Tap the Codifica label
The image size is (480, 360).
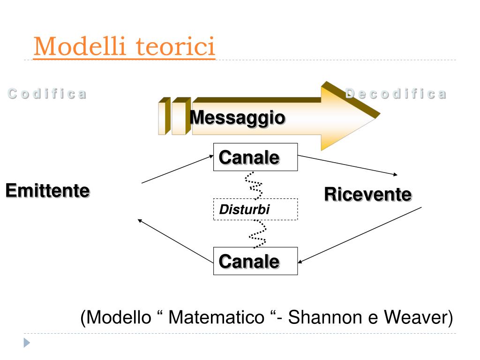click(x=47, y=94)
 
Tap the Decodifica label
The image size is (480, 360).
click(x=396, y=93)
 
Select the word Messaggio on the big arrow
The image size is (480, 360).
click(x=237, y=117)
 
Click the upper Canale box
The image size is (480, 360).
click(x=255, y=157)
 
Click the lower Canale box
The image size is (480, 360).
click(x=255, y=261)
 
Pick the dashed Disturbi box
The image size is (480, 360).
click(x=255, y=210)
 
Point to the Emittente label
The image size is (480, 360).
click(x=47, y=191)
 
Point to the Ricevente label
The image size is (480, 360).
click(x=367, y=194)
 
